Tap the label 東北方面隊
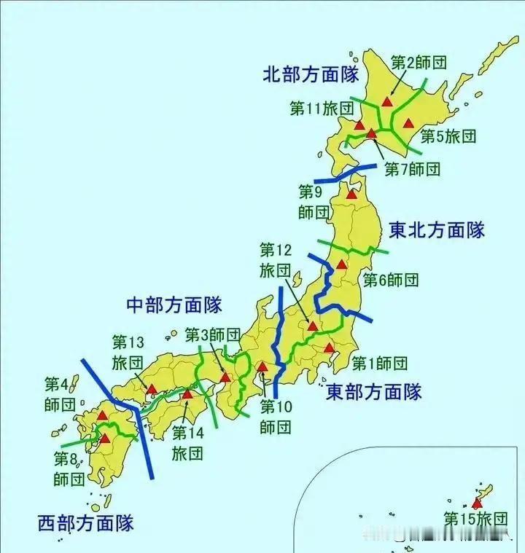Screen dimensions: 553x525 click(x=437, y=231)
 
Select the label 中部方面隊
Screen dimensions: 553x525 click(x=174, y=304)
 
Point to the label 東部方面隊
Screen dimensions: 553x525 click(x=374, y=391)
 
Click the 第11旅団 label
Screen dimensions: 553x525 click(x=322, y=109)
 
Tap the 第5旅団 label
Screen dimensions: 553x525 click(x=450, y=136)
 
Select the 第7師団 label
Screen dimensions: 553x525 click(x=413, y=169)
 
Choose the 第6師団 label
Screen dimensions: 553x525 click(x=391, y=279)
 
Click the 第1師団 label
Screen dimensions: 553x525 click(x=379, y=362)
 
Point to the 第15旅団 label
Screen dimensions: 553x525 click(x=475, y=519)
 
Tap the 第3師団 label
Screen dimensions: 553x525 click(x=212, y=334)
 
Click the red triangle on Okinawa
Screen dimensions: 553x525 click(x=477, y=503)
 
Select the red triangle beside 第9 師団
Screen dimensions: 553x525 click(x=351, y=194)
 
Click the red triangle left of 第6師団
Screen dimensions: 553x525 click(x=341, y=264)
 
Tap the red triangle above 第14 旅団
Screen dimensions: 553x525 click(x=187, y=394)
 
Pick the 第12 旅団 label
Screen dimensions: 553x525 click(x=275, y=259)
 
